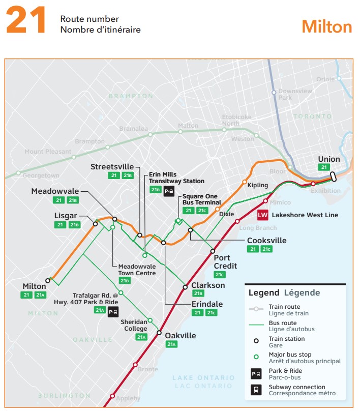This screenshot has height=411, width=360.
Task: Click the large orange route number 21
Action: coord(26,22)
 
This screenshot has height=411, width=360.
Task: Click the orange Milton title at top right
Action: coord(326,26)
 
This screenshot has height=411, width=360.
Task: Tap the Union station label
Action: coord(328,159)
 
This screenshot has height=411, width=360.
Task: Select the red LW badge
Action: coord(263,215)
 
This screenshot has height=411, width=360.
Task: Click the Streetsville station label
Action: coord(112,167)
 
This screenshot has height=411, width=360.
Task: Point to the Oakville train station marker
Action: coord(159,334)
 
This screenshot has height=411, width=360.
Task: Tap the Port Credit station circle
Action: coord(213,251)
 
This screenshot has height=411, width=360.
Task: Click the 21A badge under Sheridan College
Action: coord(141,337)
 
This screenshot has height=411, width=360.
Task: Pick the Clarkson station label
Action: coord(208,285)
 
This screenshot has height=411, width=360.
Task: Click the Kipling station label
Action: coord(257,185)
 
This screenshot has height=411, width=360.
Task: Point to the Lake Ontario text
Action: coord(203,378)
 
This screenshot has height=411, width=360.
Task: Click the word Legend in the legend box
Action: coord(263,292)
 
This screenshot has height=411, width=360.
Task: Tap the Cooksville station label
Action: coord(266,241)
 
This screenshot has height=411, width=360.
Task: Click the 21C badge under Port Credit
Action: coord(220,275)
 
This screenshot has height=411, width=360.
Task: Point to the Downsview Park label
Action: coord(295,94)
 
